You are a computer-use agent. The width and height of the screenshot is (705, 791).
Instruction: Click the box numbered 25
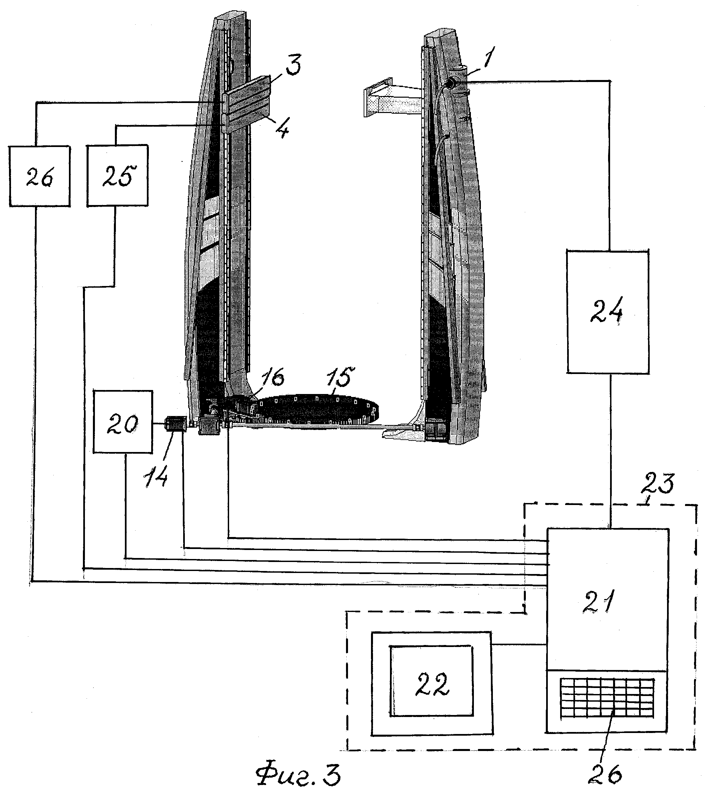[x=117, y=175]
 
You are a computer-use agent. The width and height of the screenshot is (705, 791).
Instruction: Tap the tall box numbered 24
[x=607, y=312]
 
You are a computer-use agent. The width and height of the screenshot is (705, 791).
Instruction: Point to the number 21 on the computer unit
[x=598, y=601]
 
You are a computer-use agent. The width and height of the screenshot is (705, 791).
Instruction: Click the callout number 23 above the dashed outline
[x=658, y=484]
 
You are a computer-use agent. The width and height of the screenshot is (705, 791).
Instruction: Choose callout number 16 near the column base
[x=273, y=377]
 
